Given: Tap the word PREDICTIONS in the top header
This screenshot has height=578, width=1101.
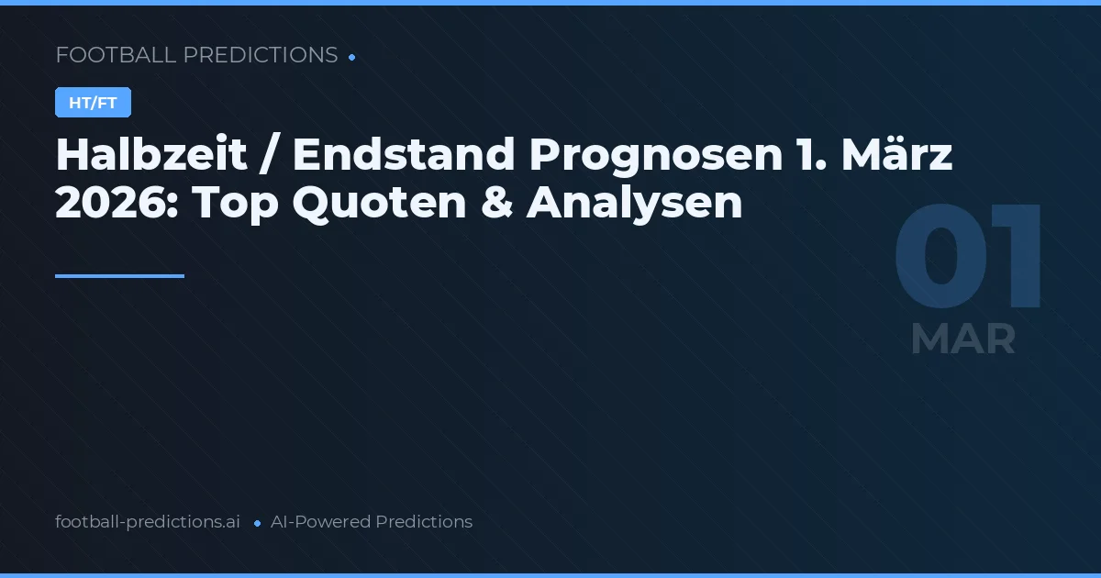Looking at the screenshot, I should click(x=261, y=55).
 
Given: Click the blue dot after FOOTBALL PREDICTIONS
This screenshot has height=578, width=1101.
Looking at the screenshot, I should click(x=352, y=57).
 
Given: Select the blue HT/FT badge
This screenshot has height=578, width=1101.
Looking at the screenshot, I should click(x=93, y=103).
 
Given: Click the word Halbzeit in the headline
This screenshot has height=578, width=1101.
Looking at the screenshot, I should click(x=151, y=156).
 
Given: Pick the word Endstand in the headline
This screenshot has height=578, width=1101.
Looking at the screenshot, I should click(x=402, y=156).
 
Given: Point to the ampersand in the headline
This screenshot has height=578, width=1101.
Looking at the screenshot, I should click(x=496, y=204).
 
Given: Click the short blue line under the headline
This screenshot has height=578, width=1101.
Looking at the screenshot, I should click(x=119, y=275).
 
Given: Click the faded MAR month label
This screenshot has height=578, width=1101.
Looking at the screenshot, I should click(x=963, y=339).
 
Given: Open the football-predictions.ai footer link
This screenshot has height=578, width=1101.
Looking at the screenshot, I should click(x=148, y=522).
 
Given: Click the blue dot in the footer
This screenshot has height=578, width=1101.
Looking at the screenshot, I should click(x=257, y=523).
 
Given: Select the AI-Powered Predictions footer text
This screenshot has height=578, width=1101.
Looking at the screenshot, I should click(x=372, y=522).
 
